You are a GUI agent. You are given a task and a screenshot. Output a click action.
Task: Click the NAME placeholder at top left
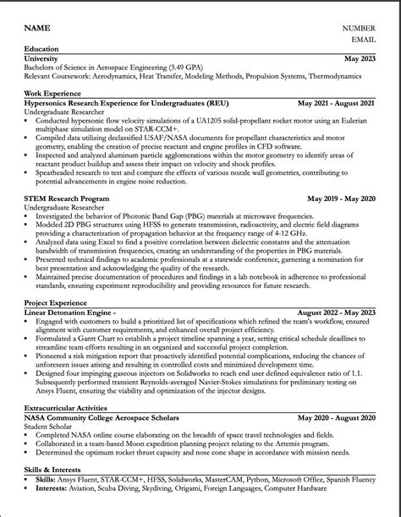pyautogui.click(x=37, y=28)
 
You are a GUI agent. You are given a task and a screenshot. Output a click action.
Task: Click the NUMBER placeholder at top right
pyautogui.click(x=358, y=28)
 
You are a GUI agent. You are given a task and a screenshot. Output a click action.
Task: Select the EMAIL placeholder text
pyautogui.click(x=363, y=39)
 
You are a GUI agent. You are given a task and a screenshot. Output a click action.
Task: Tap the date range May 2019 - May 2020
pyautogui.click(x=341, y=199)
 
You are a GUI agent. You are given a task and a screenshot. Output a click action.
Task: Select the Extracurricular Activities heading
pyautogui.click(x=66, y=407)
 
